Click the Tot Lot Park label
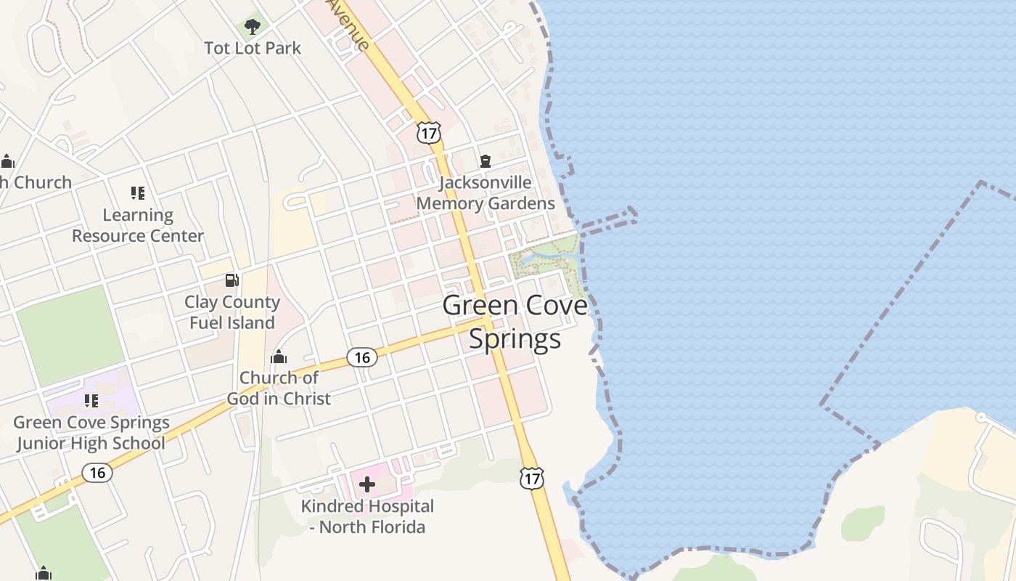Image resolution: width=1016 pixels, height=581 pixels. (x=253, y=48)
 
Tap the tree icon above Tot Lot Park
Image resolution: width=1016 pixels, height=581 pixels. (x=253, y=28)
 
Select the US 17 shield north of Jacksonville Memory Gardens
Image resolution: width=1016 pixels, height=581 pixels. (x=429, y=132)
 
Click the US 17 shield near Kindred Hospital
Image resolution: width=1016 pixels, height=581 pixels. (x=532, y=477)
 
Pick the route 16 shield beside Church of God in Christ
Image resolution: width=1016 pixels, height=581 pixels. (x=361, y=357)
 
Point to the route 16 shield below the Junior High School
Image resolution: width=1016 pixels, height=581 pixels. (x=97, y=473)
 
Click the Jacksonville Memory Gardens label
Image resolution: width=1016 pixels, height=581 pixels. (x=486, y=193)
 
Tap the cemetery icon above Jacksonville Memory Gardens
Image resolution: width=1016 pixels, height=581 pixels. (x=486, y=161)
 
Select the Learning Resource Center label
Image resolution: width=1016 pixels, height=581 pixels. (x=138, y=226)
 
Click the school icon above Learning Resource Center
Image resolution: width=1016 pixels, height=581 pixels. (x=138, y=193)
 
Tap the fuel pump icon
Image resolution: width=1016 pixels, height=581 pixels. (x=232, y=280)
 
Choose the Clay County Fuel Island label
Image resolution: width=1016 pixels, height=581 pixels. (x=232, y=312)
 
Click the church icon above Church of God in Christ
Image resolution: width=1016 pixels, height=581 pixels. (x=279, y=357)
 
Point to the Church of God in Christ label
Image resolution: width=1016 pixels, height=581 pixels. (x=279, y=389)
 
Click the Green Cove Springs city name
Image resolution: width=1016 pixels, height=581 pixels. (x=515, y=322)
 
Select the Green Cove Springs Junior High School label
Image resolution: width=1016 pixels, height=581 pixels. (x=91, y=433)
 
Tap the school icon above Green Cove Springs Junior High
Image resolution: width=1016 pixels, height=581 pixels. (x=91, y=401)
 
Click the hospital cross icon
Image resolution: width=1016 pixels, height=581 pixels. (x=367, y=484)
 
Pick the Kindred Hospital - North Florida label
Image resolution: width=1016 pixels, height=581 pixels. (x=367, y=516)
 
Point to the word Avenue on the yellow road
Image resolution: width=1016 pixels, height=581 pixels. (x=348, y=23)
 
